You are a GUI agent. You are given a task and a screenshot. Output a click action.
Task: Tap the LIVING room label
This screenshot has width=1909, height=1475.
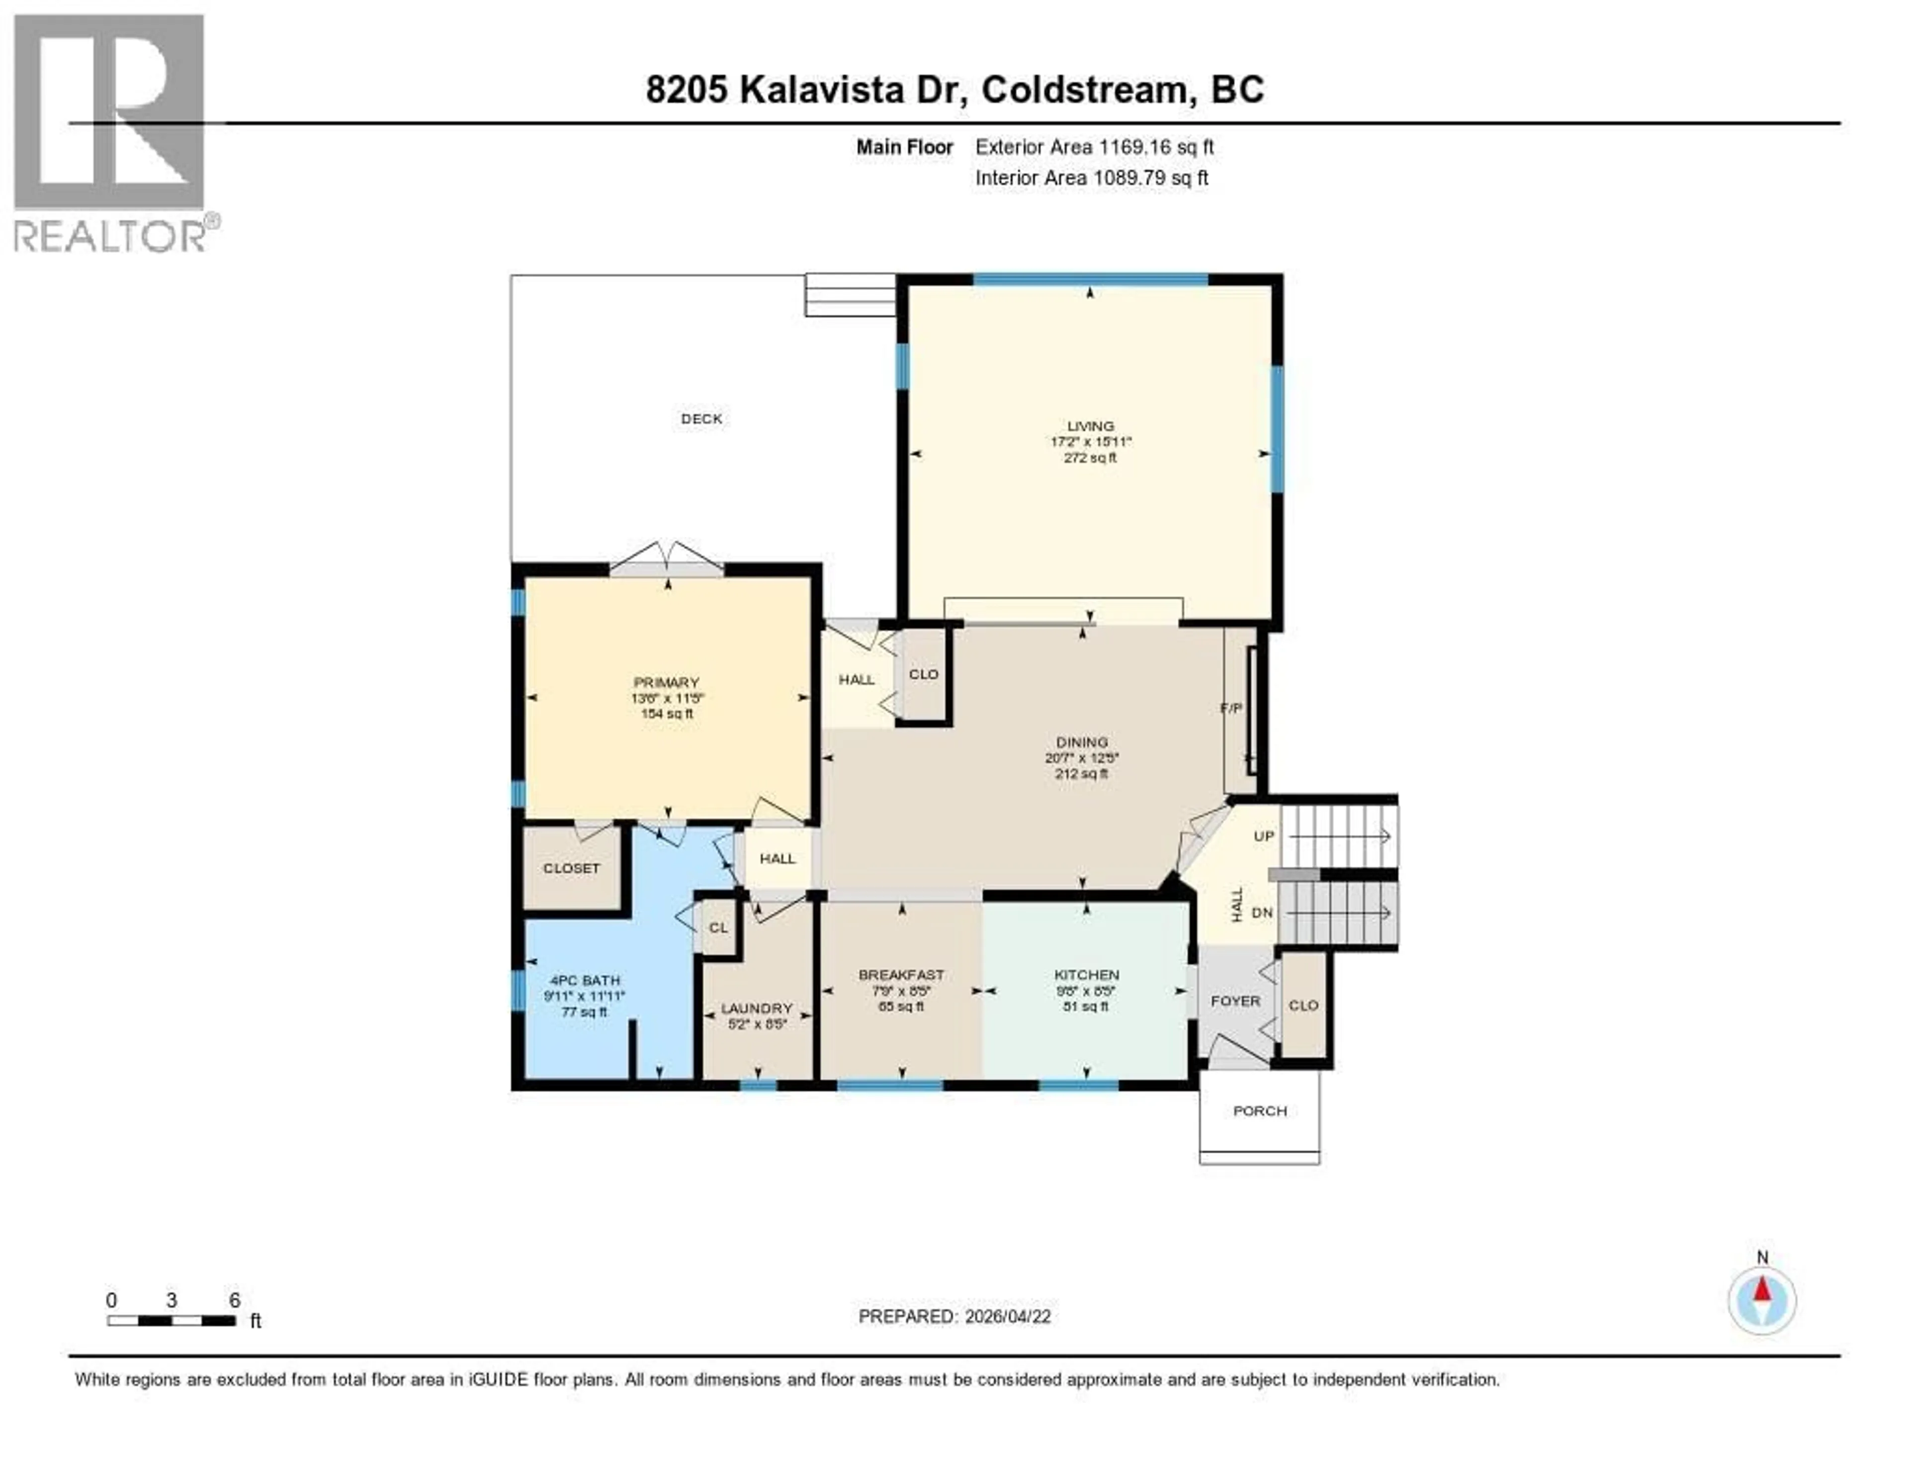click(1090, 426)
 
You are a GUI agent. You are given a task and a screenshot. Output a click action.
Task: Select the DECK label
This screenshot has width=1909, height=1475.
click(701, 419)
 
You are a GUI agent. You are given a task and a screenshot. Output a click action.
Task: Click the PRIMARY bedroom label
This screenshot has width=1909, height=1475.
click(666, 682)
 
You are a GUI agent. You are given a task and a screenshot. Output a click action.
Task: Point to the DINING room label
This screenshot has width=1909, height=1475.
click(1081, 741)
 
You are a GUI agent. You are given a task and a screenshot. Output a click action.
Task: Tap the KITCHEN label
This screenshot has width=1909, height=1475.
click(1086, 974)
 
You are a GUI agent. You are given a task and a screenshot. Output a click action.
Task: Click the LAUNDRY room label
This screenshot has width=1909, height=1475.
click(756, 1008)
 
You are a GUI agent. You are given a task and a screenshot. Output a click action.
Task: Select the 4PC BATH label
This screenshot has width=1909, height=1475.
click(585, 980)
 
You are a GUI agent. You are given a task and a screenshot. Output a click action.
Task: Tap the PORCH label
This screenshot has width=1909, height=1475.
click(1260, 1110)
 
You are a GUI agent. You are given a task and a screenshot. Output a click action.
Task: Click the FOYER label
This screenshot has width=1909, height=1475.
click(1235, 1000)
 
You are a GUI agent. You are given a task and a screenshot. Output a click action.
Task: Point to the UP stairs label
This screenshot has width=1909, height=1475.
click(1264, 836)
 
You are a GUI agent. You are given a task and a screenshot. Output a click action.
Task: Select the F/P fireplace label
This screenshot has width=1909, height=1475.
click(1231, 707)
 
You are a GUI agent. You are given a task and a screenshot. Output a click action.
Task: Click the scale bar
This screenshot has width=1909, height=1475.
click(172, 1320)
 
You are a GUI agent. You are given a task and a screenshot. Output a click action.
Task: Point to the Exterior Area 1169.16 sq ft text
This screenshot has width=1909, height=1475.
click(1094, 147)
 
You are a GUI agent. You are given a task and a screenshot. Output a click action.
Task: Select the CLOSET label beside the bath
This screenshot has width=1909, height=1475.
click(572, 868)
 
